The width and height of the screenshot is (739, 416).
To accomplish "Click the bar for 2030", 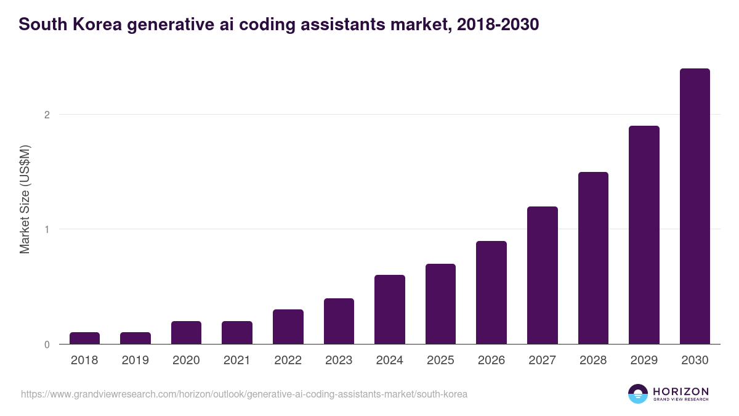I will (695, 206).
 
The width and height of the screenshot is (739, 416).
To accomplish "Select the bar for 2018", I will (84, 338).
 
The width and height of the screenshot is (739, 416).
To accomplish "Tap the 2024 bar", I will (390, 309).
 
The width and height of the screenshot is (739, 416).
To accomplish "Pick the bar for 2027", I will (543, 275).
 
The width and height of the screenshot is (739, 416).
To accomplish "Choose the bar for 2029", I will (644, 235).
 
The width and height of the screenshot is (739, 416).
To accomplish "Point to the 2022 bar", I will (288, 327).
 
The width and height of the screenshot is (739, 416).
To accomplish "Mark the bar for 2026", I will (491, 293).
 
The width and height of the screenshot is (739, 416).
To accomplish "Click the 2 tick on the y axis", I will (46, 115).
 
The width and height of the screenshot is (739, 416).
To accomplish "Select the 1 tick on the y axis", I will (46, 229).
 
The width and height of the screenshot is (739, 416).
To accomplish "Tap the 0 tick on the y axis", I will (46, 345).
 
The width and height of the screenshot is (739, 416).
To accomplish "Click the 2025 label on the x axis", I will (440, 361).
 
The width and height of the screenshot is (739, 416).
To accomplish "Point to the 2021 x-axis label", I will (237, 361).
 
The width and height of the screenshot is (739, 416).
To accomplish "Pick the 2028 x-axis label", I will (593, 361).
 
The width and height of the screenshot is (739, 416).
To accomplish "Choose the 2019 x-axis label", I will (135, 361).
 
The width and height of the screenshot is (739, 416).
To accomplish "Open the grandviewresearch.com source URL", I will (244, 394).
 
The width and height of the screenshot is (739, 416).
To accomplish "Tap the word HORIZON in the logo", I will (681, 391).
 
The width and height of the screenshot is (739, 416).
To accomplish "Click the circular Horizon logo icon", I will (638, 394).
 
